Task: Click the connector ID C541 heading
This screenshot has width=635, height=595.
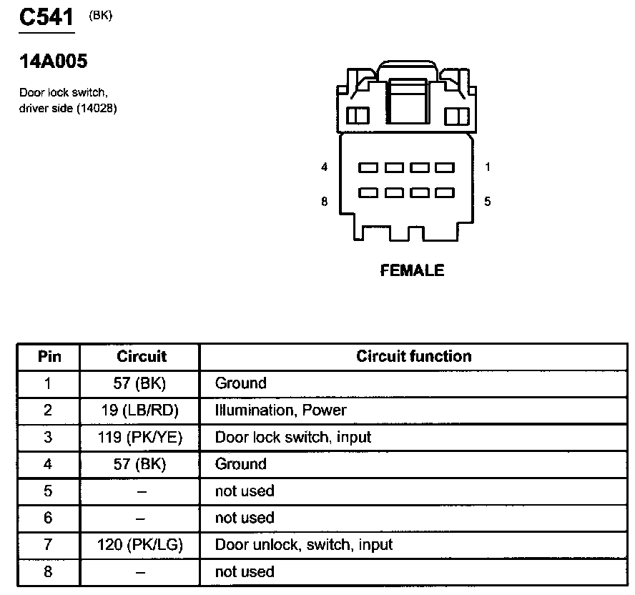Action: [x=46, y=16]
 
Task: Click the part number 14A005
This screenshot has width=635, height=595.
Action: [x=53, y=62]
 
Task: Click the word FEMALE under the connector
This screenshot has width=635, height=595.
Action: [x=412, y=270]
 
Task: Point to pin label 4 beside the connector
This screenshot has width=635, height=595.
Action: [x=325, y=167]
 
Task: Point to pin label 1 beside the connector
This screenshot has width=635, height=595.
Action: [x=488, y=167]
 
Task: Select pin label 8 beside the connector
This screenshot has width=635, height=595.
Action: [x=325, y=202]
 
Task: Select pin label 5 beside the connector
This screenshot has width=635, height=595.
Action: [x=488, y=202]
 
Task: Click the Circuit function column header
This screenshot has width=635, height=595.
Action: [x=413, y=356]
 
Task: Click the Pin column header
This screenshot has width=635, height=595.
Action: [x=49, y=356]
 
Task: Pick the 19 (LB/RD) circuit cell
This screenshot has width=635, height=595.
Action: [x=139, y=410]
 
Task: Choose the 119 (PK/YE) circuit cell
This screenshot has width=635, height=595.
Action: [x=139, y=437]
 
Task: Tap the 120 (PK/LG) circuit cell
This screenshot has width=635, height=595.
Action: [x=139, y=545]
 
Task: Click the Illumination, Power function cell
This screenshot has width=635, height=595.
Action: [x=280, y=410]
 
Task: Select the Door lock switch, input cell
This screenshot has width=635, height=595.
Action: [x=292, y=437]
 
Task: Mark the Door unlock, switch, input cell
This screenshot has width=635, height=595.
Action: [x=303, y=545]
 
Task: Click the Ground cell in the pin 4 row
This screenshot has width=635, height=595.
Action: [x=240, y=464]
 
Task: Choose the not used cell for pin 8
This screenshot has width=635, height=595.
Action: [x=245, y=572]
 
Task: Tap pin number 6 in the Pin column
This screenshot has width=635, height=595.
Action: [x=48, y=518]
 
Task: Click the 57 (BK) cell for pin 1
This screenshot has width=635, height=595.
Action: [x=139, y=383]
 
